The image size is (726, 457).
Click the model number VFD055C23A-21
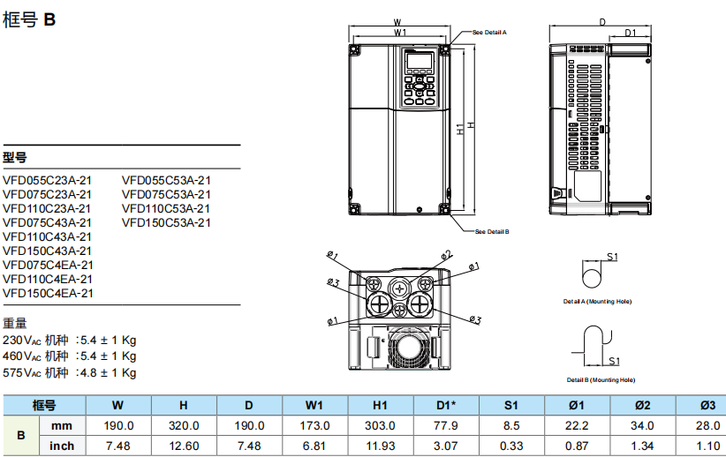tap(47, 180)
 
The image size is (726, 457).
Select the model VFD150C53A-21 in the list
tap(166, 222)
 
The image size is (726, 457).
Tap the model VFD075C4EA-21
tap(48, 265)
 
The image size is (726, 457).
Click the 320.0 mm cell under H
tap(183, 425)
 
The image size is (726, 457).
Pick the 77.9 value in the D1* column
tap(447, 425)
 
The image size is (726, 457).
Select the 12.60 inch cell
tap(183, 446)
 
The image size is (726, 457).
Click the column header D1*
tap(447, 405)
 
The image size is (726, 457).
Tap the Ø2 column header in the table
tap(643, 405)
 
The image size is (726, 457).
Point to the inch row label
tap(62, 446)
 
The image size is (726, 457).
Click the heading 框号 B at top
tap(30, 19)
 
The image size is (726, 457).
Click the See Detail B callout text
tap(491, 232)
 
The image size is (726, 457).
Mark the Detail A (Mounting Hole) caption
tap(598, 302)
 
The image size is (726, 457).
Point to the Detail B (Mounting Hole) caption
tap(601, 379)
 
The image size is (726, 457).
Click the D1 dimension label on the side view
tap(631, 33)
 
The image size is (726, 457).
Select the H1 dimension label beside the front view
tap(460, 129)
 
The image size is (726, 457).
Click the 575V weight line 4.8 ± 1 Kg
tap(70, 372)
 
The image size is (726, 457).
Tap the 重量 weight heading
tap(15, 323)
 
